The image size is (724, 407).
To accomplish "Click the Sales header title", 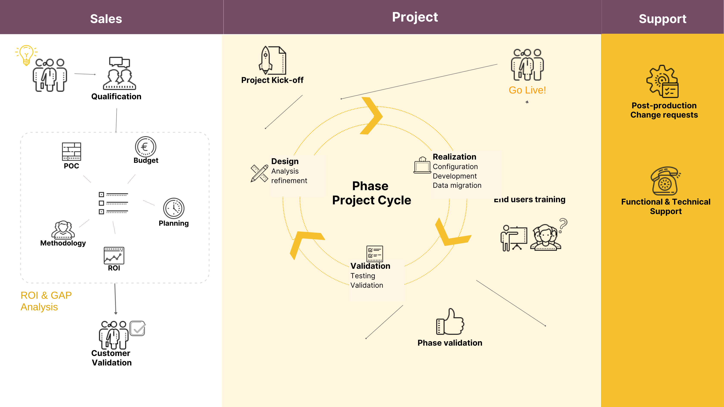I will coord(106,19).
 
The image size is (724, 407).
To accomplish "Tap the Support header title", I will coord(662,19).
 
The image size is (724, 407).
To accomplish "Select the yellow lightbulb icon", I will coord(26,55).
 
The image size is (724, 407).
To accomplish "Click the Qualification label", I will coord(116,97).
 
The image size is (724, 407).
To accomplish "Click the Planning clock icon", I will coord(174,208).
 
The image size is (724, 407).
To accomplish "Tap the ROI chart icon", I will coord(114,255).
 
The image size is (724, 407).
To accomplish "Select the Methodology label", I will coord(63,243).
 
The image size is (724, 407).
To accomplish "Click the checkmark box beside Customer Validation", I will coord(137,328).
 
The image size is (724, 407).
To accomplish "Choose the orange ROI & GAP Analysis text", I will coord(46,301).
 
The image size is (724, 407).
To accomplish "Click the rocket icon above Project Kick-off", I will coord(266,60).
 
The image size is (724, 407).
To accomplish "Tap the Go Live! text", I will coord(527,90).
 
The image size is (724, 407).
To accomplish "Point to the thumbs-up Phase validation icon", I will coord(450,322).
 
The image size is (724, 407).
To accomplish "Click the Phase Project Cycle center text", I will coord(371,193).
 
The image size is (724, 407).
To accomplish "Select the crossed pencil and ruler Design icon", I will coord(259,173).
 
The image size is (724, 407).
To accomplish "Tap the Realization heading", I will coord(454,157).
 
